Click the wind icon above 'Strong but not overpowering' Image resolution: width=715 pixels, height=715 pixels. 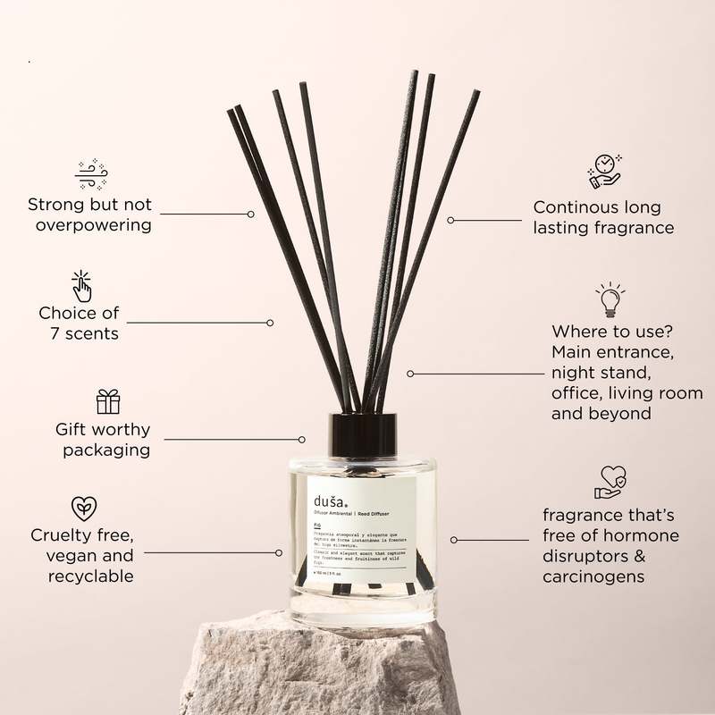click(x=91, y=173)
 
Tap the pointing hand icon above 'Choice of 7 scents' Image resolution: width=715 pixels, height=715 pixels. click(x=81, y=286)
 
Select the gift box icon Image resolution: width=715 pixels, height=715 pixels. click(x=108, y=401)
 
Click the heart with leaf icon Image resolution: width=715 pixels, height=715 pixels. click(x=84, y=509)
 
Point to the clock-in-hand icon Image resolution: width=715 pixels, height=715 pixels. click(x=605, y=171)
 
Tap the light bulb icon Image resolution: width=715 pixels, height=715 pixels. click(x=610, y=299)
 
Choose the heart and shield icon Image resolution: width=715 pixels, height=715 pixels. click(x=610, y=482)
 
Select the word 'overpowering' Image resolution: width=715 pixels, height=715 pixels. click(x=94, y=225)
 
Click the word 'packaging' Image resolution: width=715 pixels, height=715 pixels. click(x=106, y=450)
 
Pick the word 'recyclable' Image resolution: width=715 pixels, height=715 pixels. click(x=92, y=576)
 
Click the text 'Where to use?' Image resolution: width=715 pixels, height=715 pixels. click(x=605, y=331)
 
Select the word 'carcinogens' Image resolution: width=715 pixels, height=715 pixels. click(x=593, y=576)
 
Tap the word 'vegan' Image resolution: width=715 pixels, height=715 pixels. click(x=68, y=556)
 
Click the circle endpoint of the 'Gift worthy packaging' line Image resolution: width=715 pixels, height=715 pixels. click(x=302, y=439)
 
